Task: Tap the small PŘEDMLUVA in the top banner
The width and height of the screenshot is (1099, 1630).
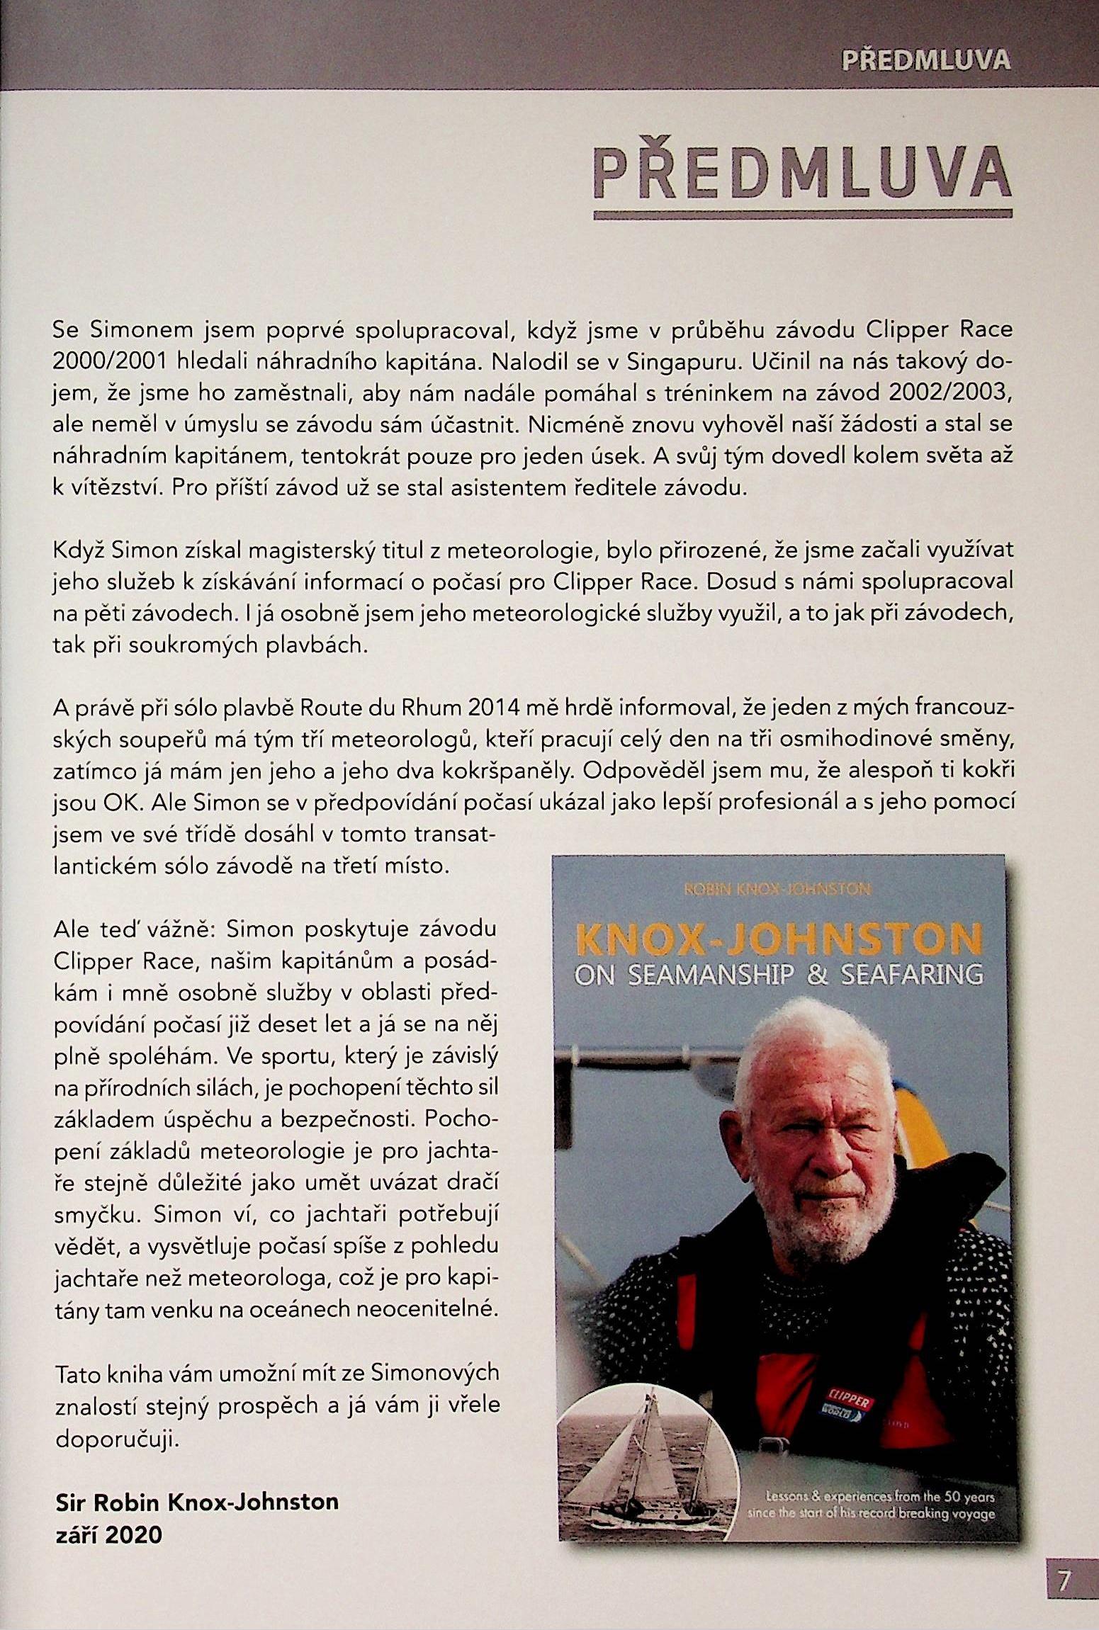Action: point(925,60)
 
